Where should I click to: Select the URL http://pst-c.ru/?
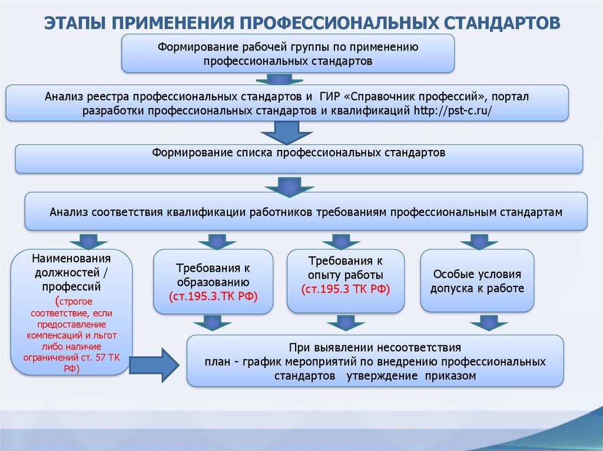[453, 111]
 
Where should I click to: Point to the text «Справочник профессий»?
[415, 96]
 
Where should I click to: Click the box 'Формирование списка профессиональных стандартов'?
[299, 159]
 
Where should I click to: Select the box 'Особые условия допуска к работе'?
[477, 280]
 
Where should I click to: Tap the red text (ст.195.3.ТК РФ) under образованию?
[213, 296]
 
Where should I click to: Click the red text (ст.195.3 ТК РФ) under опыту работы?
[345, 289]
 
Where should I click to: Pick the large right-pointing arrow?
[154, 365]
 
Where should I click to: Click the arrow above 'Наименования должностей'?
[88, 241]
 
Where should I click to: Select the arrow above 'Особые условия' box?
[479, 241]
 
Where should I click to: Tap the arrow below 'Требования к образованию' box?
[212, 323]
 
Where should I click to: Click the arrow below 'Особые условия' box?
[488, 323]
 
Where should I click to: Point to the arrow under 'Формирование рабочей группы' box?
[279, 78]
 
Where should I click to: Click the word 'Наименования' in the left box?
[71, 258]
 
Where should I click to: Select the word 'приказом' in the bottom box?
[450, 376]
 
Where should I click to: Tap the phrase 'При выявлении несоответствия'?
[375, 348]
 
